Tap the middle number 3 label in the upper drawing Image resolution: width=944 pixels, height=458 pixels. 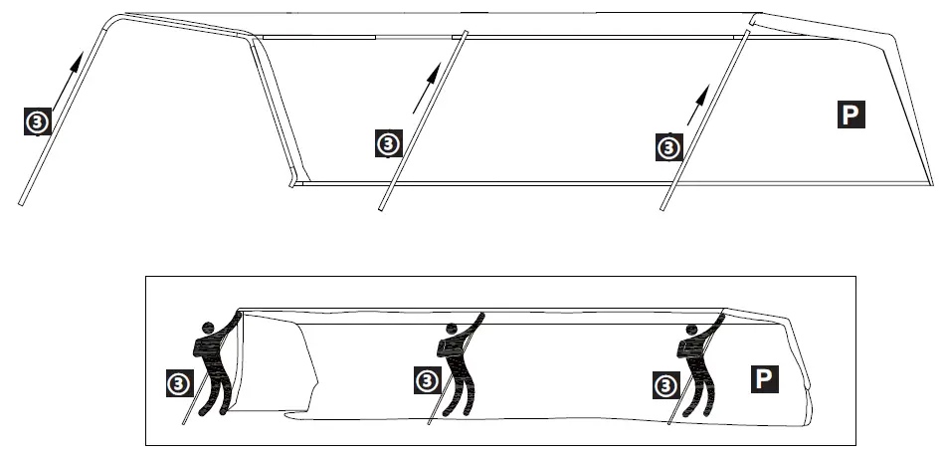(388, 144)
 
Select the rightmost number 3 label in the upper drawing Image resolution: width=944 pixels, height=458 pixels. (670, 148)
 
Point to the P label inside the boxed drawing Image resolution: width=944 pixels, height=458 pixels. (763, 378)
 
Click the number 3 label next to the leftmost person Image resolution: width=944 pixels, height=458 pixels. (178, 382)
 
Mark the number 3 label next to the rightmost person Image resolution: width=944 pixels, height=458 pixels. (660, 383)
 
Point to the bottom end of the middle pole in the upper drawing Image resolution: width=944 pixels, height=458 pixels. (381, 208)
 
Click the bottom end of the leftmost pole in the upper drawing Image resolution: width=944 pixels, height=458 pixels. (21, 204)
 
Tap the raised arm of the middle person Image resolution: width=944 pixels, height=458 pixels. (474, 322)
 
